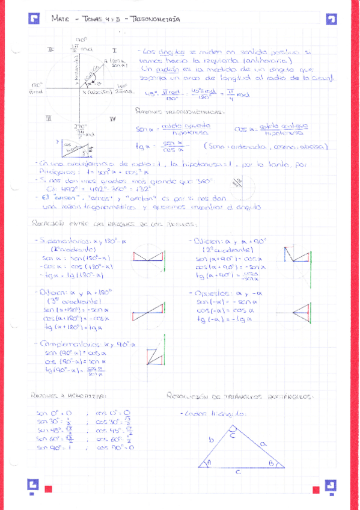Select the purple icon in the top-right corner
(x=331, y=19)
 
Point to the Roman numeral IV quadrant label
(x=112, y=119)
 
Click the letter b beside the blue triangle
(x=211, y=440)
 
